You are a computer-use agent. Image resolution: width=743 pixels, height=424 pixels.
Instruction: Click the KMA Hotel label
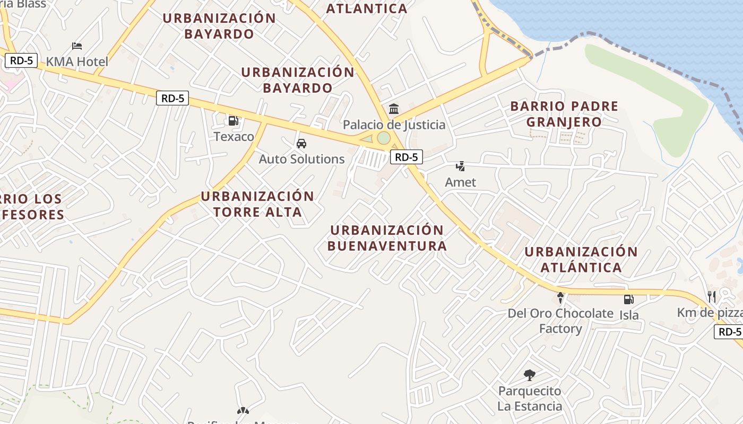(x=77, y=61)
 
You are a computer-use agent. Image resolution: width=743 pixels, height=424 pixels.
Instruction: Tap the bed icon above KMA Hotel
(x=77, y=46)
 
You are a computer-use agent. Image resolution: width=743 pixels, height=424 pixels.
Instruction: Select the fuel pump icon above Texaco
(x=233, y=121)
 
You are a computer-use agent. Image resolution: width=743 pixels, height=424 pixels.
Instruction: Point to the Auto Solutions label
(x=301, y=159)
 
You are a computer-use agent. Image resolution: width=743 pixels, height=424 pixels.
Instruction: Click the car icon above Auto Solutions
(x=301, y=144)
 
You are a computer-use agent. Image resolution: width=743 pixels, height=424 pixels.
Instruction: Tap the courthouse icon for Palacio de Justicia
(x=394, y=109)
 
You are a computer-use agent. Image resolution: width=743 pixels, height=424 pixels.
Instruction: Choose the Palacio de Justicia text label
(x=394, y=125)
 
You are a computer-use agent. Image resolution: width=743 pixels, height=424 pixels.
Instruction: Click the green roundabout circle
(x=383, y=138)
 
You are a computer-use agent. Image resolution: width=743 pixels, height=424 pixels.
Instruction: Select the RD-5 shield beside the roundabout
(x=407, y=156)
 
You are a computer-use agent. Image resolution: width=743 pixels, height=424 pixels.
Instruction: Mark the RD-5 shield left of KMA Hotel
(x=21, y=60)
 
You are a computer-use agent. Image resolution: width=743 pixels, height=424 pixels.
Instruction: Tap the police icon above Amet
(x=460, y=166)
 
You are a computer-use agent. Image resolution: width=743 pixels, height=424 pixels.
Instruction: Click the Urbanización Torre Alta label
(x=257, y=204)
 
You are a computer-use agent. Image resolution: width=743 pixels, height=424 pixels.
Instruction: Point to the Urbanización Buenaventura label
(x=387, y=238)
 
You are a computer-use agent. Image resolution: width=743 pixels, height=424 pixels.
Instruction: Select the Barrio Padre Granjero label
(x=564, y=114)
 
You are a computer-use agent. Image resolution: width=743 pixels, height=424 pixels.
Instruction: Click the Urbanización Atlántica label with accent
(x=581, y=259)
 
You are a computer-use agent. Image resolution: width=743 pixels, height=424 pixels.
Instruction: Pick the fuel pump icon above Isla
(x=628, y=299)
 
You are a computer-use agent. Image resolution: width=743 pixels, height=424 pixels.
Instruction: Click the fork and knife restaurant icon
(x=712, y=297)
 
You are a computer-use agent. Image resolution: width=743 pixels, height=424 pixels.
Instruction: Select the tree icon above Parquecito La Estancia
(x=529, y=376)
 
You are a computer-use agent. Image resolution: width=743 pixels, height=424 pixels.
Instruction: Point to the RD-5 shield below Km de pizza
(x=729, y=332)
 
